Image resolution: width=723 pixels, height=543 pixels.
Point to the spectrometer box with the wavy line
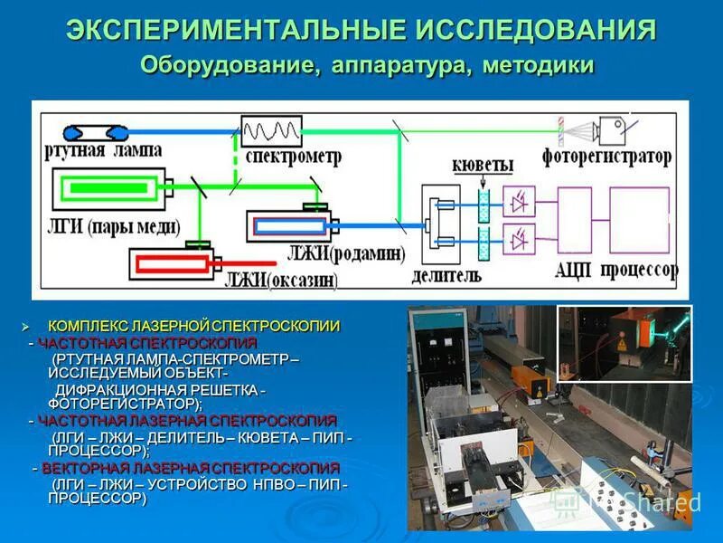(x=270, y=131)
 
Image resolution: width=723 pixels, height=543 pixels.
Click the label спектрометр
(x=293, y=157)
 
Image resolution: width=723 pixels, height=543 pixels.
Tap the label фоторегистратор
(x=606, y=157)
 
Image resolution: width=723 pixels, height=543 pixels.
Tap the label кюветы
(x=484, y=166)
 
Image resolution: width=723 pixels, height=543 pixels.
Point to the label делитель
(x=446, y=273)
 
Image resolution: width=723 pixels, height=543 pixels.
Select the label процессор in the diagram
(x=641, y=271)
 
